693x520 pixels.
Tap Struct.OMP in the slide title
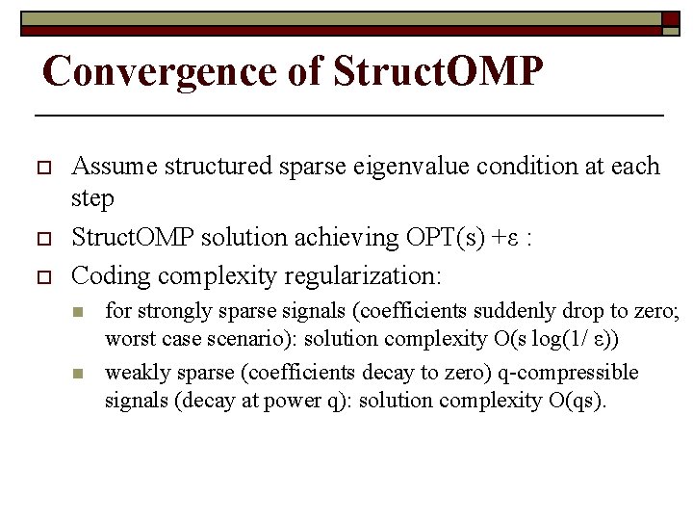click(438, 70)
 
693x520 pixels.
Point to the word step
click(92, 199)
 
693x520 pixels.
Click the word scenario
click(246, 339)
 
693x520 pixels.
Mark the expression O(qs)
click(573, 401)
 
